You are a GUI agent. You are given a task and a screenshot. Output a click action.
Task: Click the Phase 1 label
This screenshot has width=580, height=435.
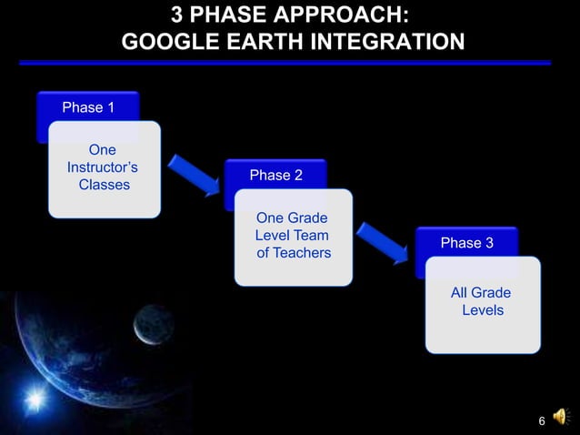click(88, 107)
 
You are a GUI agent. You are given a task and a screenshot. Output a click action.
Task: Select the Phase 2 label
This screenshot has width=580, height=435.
click(275, 175)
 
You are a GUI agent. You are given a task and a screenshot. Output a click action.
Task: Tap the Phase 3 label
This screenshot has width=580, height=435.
click(466, 243)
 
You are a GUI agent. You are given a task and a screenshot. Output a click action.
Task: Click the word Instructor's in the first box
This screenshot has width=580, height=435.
click(103, 167)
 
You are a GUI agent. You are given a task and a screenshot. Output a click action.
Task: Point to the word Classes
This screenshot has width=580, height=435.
click(104, 185)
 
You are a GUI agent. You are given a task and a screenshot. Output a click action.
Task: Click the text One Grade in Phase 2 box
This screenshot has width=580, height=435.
click(292, 218)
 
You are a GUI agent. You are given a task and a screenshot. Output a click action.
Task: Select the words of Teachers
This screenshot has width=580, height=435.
click(294, 252)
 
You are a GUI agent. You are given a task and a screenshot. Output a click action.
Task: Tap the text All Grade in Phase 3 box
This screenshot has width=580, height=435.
click(480, 293)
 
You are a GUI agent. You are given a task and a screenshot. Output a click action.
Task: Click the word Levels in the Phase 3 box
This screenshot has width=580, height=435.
click(482, 310)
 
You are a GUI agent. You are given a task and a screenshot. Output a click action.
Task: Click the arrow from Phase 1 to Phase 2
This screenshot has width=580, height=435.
click(194, 174)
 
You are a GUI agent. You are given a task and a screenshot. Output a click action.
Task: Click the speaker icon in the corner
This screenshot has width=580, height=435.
click(561, 417)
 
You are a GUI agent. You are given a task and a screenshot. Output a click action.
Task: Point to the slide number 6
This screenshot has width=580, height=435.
click(542, 420)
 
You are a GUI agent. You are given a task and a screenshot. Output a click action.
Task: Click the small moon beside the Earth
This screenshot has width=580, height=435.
click(153, 323)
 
